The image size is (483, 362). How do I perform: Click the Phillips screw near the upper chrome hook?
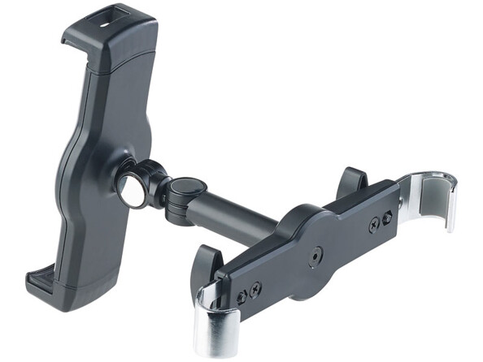[x=373, y=225]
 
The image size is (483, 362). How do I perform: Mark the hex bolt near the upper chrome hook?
[x=386, y=218]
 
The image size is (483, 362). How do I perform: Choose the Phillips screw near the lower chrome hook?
[x=255, y=290]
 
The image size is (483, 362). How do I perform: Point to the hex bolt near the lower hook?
[x=241, y=297]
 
